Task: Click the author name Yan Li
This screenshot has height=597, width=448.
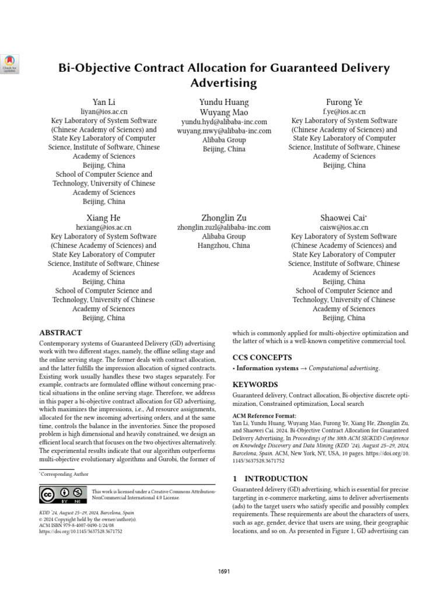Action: [104, 102]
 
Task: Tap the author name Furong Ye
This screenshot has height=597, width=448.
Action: [344, 102]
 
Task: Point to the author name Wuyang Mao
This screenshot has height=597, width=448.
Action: [223, 112]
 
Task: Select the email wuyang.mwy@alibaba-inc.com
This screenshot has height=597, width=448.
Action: [223, 131]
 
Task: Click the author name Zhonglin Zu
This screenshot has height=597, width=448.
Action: [223, 217]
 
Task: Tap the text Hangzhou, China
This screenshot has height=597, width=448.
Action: [223, 245]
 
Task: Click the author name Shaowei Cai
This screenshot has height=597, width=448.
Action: [343, 217]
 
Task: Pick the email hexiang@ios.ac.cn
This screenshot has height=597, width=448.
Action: [104, 227]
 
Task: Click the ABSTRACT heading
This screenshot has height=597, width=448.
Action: [60, 332]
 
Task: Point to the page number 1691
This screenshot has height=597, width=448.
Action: [224, 571]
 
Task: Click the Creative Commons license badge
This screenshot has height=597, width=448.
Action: [63, 494]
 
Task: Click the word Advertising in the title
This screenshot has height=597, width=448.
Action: [224, 83]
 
